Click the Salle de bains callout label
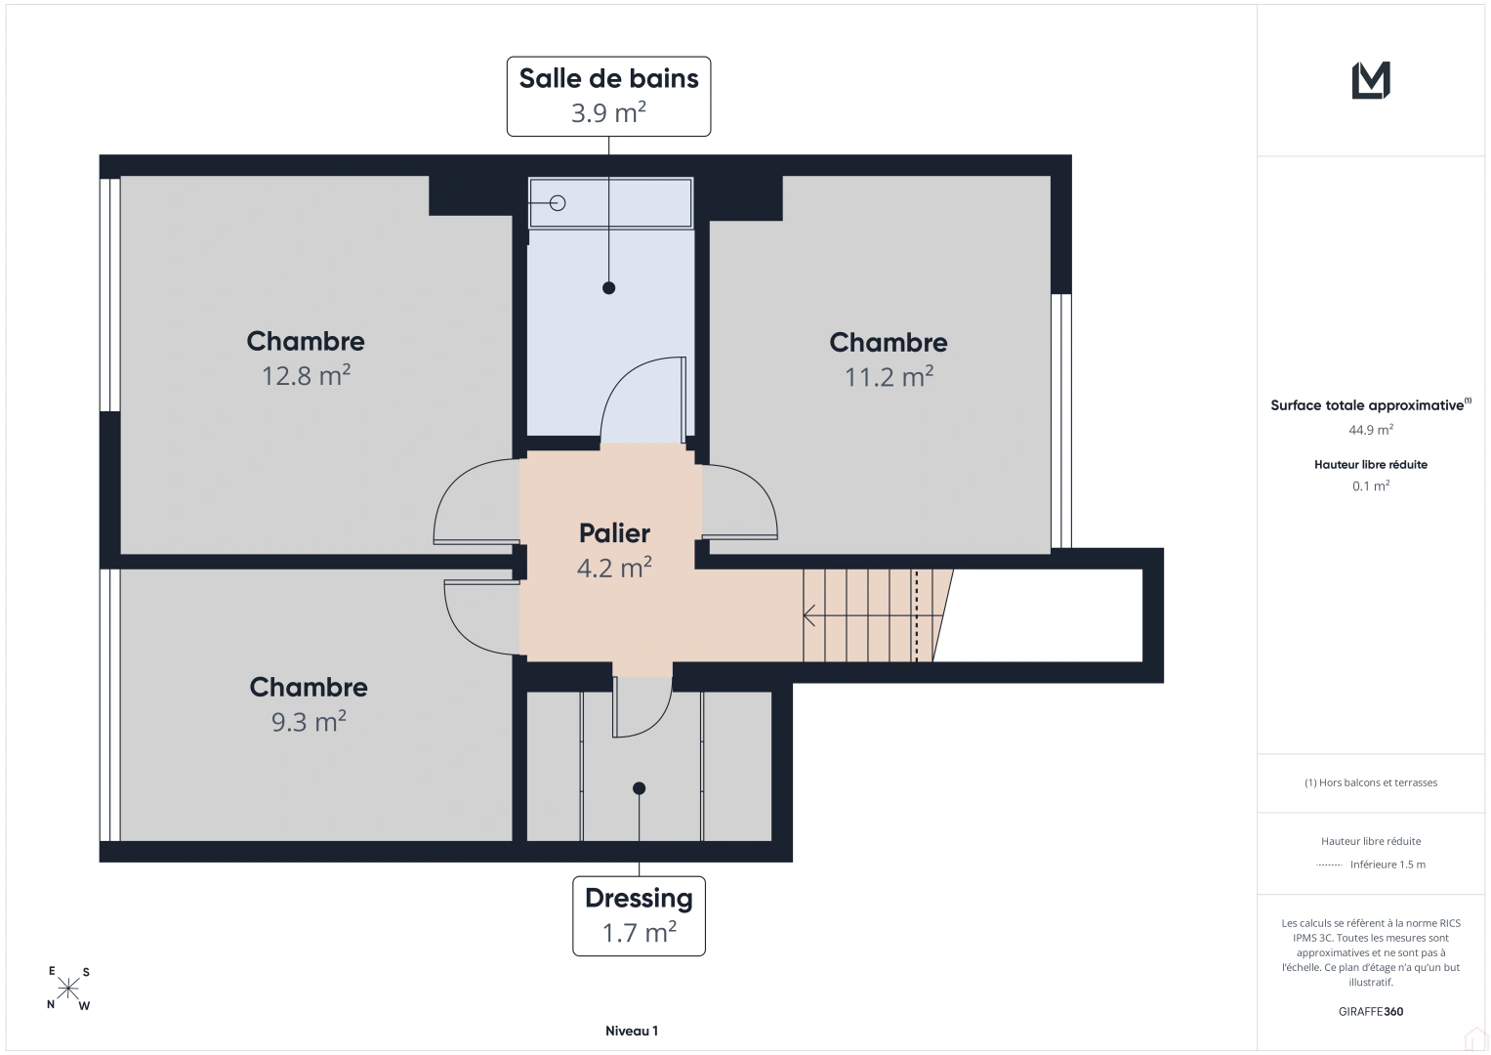tap(608, 97)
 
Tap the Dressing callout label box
tap(639, 916)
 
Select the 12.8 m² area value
tap(307, 376)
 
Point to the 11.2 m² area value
tap(889, 377)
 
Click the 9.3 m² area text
tap(309, 721)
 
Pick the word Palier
tap(614, 533)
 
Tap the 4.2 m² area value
tap(614, 569)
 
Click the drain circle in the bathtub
tap(558, 203)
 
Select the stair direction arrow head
tap(808, 615)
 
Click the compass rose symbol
tap(68, 989)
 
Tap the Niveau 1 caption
tap(632, 1031)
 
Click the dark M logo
tap(1371, 80)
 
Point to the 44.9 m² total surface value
tap(1371, 430)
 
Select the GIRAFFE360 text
tap(1371, 1011)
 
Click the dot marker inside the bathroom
tap(608, 288)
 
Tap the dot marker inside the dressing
tap(639, 788)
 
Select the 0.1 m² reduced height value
tap(1371, 485)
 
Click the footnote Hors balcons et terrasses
tap(1371, 782)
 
